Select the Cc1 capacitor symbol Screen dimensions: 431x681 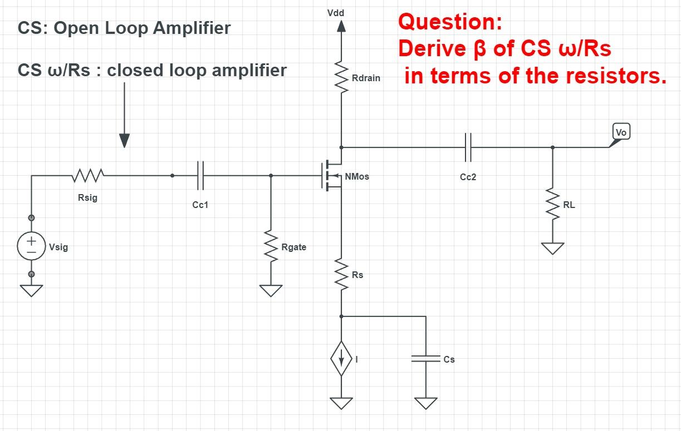[200, 176]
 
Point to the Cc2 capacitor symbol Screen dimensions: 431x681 [468, 147]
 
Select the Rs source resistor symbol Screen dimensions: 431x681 [341, 274]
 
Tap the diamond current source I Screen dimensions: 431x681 [341, 359]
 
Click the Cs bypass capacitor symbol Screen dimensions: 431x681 [426, 359]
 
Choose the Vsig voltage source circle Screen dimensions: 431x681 [32, 246]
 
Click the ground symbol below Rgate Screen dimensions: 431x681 [271, 290]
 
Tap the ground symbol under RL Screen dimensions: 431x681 [552, 248]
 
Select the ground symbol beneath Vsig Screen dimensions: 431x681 [32, 290]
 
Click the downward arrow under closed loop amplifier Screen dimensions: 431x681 [124, 139]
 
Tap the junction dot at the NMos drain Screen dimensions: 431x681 [341, 147]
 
